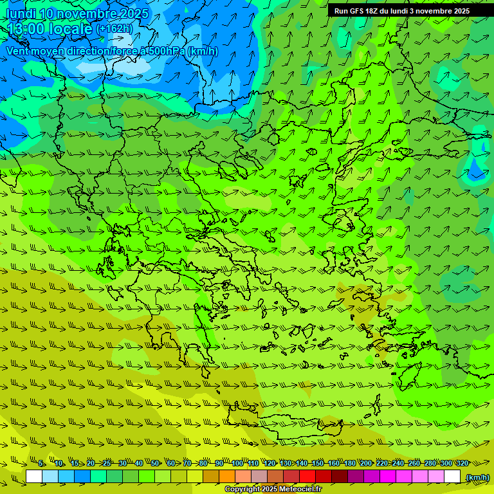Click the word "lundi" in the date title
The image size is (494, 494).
click(x=20, y=14)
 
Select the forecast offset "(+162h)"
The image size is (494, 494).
click(x=114, y=29)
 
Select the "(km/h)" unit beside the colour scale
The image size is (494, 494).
click(x=477, y=477)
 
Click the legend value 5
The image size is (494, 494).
click(x=42, y=463)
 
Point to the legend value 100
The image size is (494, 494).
click(x=237, y=463)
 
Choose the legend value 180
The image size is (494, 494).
click(x=349, y=463)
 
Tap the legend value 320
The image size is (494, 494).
click(x=462, y=463)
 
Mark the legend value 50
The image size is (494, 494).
click(x=155, y=463)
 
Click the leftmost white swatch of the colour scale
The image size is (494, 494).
click(x=34, y=477)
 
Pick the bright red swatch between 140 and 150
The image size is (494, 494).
click(x=307, y=477)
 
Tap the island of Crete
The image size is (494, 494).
click(x=302, y=425)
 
